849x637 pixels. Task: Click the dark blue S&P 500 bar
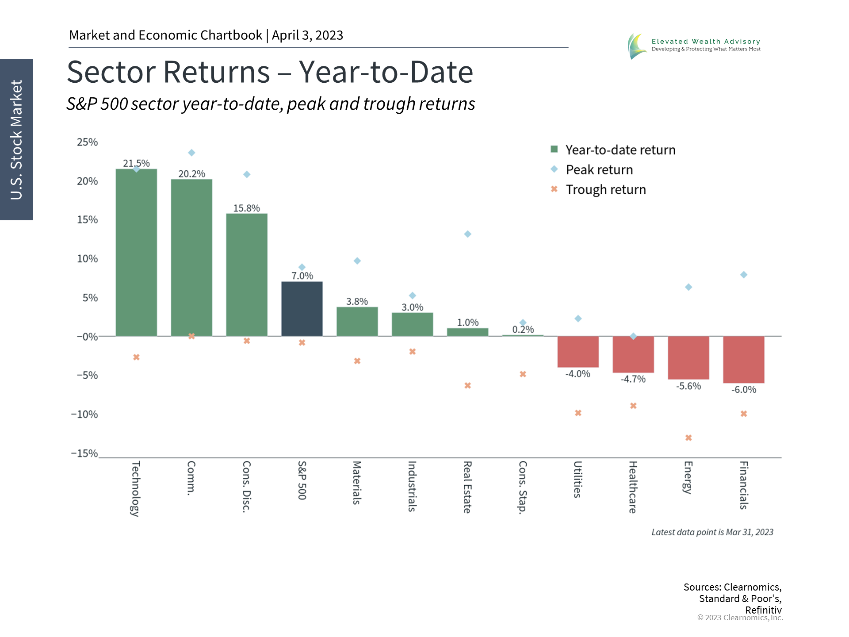(302, 309)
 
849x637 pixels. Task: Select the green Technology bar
(136, 252)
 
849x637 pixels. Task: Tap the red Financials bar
(743, 359)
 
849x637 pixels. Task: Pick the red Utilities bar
(578, 352)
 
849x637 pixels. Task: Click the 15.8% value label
(246, 208)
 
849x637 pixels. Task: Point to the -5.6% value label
(688, 386)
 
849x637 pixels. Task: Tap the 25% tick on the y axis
(87, 142)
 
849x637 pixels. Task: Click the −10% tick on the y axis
(84, 414)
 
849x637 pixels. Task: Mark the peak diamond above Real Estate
(467, 234)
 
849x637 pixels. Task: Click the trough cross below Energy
(688, 438)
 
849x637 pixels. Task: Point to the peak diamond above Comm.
(191, 153)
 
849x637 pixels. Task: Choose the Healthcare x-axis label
(633, 487)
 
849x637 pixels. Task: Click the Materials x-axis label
(357, 483)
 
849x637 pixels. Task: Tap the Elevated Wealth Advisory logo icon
(637, 46)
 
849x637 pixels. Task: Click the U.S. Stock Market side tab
(16, 140)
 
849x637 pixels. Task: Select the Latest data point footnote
(712, 532)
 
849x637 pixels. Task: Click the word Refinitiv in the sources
(763, 610)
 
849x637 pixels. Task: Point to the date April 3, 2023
(307, 35)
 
